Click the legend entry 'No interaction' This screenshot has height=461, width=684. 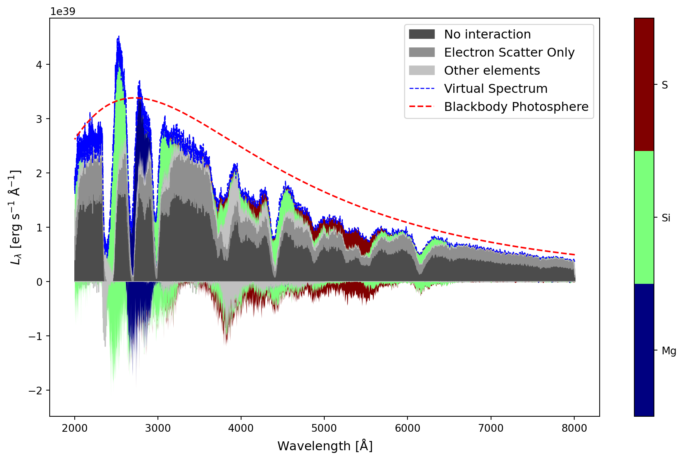click(x=487, y=34)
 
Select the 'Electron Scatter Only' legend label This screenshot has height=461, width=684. click(x=509, y=52)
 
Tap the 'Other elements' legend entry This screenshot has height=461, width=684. click(x=491, y=70)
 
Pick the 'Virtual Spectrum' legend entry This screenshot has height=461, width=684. click(x=495, y=89)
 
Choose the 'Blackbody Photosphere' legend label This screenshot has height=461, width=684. click(x=516, y=107)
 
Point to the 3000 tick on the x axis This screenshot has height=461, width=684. click(x=158, y=428)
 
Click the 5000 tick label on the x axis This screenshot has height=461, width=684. click(x=324, y=428)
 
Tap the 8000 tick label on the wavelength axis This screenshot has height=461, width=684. click(x=574, y=428)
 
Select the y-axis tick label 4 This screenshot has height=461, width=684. click(x=39, y=65)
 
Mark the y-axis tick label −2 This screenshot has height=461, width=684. click(x=36, y=391)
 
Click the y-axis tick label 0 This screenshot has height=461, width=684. click(x=39, y=282)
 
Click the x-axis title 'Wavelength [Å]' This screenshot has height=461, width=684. click(x=325, y=446)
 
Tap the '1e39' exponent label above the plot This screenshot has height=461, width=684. click(x=63, y=12)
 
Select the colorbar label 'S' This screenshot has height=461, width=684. click(x=664, y=85)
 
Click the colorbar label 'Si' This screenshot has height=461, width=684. click(x=666, y=218)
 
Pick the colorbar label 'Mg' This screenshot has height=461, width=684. click(x=669, y=351)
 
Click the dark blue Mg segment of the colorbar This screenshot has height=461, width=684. click(x=644, y=350)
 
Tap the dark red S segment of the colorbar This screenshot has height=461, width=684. click(x=644, y=84)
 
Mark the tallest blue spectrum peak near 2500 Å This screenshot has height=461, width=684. click(x=119, y=37)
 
